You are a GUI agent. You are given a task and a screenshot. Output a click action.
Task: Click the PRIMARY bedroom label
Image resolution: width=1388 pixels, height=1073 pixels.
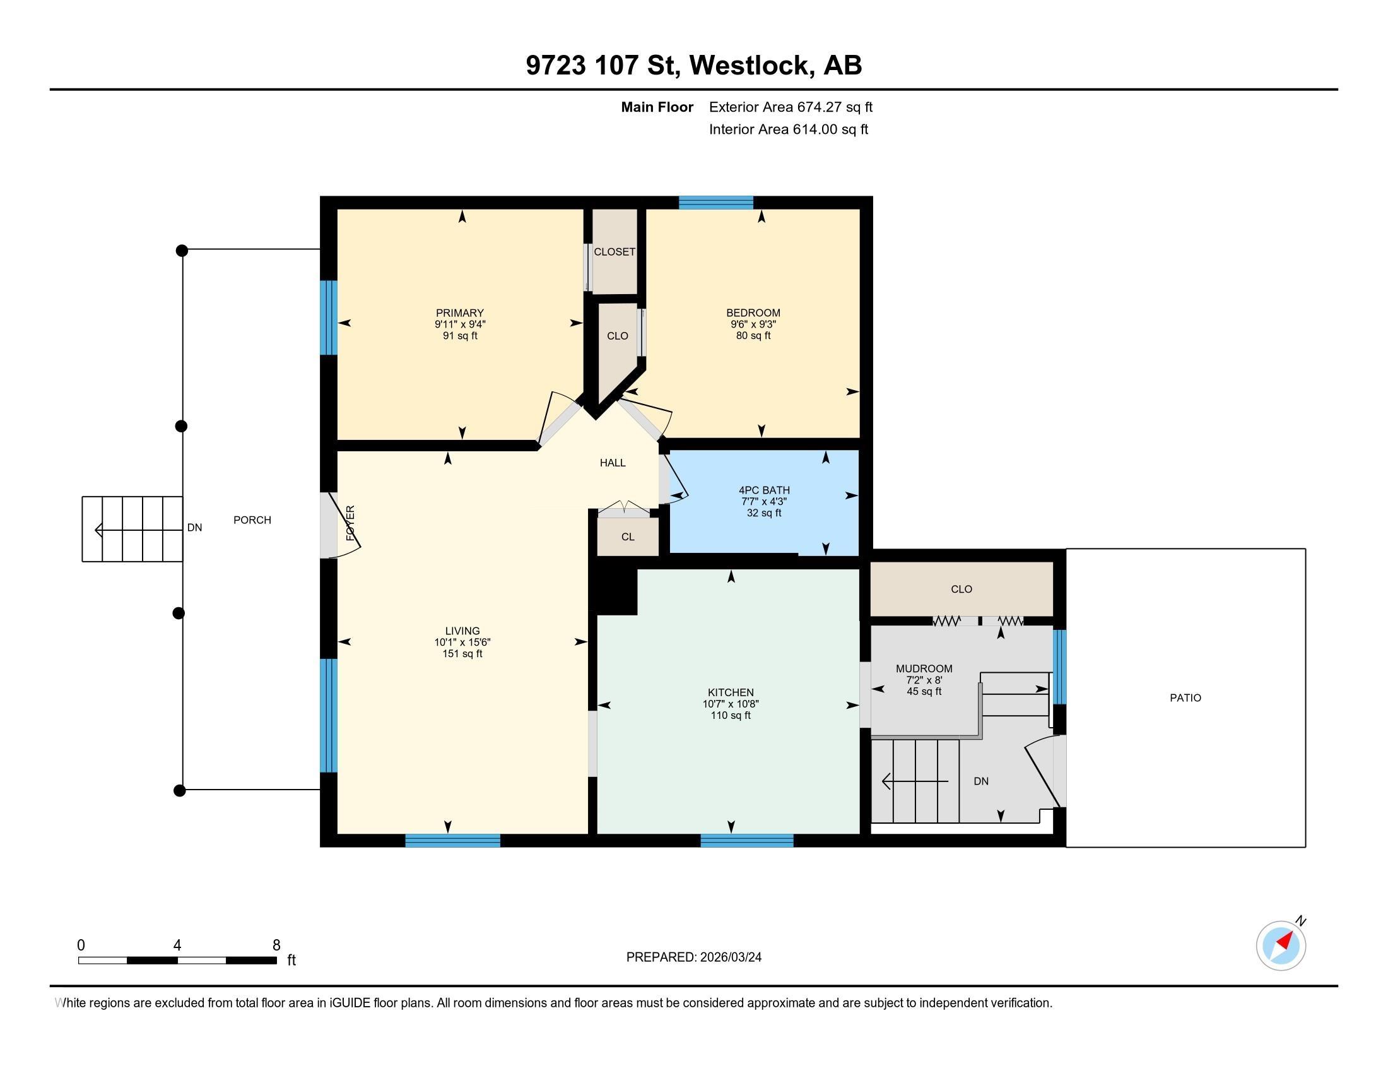click(x=459, y=312)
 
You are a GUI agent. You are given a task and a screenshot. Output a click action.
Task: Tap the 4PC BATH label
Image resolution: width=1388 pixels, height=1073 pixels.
click(x=764, y=490)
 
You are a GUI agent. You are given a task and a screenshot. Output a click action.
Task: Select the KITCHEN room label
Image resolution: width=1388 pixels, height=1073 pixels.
click(x=731, y=692)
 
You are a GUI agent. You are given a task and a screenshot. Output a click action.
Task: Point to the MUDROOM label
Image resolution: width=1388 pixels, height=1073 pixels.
click(x=924, y=668)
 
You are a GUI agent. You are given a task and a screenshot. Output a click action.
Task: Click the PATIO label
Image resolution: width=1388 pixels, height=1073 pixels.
click(x=1185, y=697)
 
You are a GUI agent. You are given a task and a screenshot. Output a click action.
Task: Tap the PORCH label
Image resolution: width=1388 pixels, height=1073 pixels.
click(x=252, y=519)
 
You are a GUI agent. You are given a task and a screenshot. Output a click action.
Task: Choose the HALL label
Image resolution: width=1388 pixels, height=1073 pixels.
click(x=613, y=463)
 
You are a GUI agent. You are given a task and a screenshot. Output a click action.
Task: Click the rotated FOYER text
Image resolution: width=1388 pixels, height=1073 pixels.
click(x=350, y=523)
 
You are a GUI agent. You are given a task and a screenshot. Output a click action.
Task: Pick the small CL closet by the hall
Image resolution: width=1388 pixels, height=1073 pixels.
click(x=628, y=536)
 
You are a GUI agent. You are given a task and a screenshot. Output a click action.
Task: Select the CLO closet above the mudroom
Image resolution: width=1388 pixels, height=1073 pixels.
click(x=962, y=590)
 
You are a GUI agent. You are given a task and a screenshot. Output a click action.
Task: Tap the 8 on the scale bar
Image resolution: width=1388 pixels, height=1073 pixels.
click(x=276, y=946)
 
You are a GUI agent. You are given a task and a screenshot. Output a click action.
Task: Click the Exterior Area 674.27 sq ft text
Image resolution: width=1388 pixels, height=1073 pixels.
click(x=791, y=107)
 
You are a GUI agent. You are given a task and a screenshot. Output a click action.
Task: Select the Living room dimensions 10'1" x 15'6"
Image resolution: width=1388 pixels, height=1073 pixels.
click(x=462, y=642)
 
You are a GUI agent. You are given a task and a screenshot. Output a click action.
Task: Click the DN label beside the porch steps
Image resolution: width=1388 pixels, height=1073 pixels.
click(x=194, y=527)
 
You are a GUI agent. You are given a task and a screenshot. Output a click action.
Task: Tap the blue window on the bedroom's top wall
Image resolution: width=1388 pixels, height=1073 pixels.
click(x=715, y=203)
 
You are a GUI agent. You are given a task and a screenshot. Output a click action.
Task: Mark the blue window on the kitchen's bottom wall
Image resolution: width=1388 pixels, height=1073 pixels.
click(x=747, y=840)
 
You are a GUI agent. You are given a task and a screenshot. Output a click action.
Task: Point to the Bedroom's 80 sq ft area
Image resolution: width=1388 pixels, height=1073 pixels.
click(x=753, y=335)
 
